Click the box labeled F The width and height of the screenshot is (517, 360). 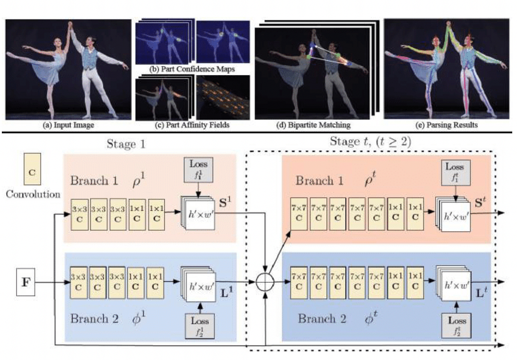click(x=25, y=282)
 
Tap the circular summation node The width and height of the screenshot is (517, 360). click(x=265, y=282)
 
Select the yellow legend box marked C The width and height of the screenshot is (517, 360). click(x=32, y=169)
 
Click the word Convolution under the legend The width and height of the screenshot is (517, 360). click(x=33, y=194)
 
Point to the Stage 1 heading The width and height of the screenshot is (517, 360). click(x=126, y=144)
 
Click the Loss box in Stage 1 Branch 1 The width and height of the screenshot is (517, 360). click(x=198, y=169)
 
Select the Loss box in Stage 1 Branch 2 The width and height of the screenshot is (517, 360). click(x=200, y=326)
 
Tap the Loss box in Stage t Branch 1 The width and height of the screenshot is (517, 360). click(x=455, y=172)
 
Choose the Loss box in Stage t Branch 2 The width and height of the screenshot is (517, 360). click(x=456, y=325)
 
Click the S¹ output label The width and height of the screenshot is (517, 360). click(x=225, y=203)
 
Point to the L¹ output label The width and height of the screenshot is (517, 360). click(x=226, y=293)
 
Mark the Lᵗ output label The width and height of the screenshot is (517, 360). click(x=481, y=293)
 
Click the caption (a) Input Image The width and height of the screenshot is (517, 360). click(x=69, y=125)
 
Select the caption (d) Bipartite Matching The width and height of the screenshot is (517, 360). click(x=313, y=125)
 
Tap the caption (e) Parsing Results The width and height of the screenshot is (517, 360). click(x=446, y=125)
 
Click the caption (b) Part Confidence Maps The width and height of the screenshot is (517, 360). click(x=192, y=69)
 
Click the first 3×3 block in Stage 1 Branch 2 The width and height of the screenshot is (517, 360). click(x=78, y=282)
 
